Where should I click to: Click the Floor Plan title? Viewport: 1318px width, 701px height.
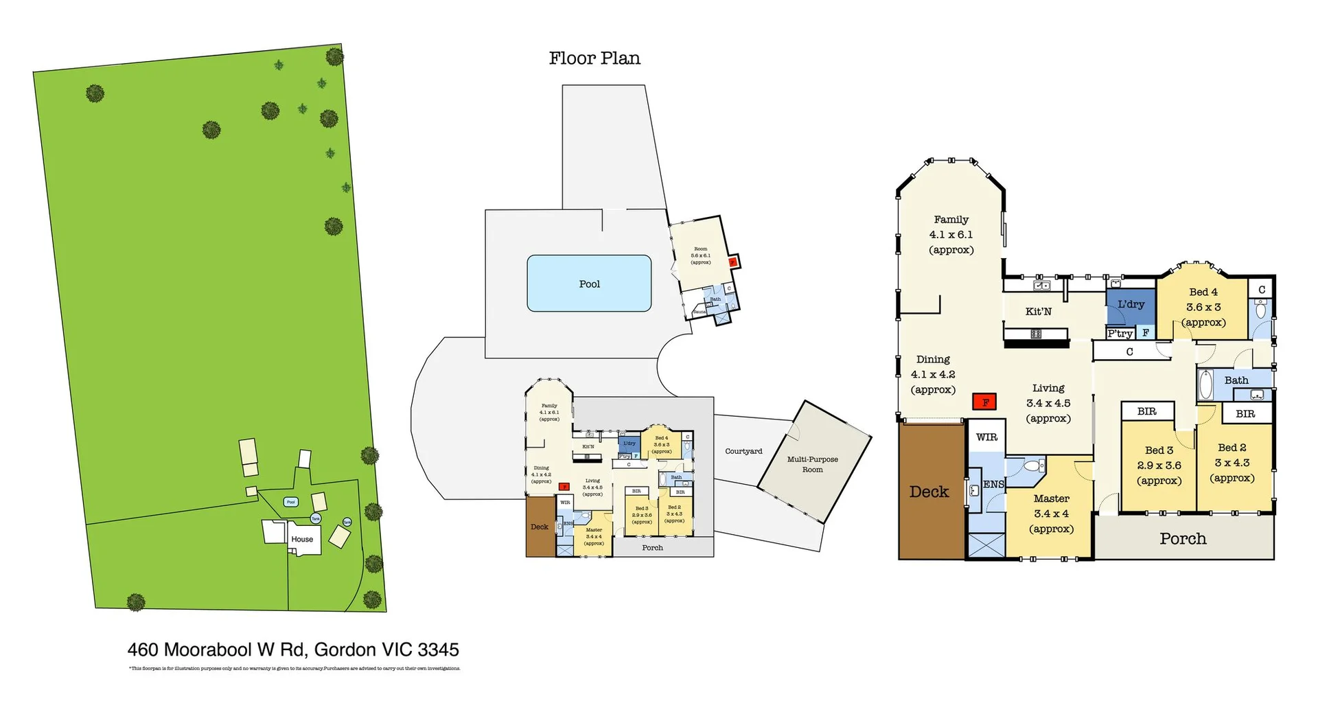[594, 58]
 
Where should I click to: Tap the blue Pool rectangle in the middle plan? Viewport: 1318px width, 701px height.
[589, 284]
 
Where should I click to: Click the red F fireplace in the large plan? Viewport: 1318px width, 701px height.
[984, 402]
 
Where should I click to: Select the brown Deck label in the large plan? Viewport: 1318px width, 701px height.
[929, 492]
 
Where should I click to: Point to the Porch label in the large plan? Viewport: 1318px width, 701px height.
[1183, 538]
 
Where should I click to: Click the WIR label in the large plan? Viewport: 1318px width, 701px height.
[986, 437]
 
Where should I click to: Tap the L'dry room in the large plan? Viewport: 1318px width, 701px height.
[1131, 304]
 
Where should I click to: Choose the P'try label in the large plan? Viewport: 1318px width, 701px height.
[1120, 334]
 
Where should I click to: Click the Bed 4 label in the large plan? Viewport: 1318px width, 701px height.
[1203, 292]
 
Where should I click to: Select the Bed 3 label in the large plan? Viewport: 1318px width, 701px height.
[1159, 450]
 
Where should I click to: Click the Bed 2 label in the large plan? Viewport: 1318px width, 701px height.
[1232, 448]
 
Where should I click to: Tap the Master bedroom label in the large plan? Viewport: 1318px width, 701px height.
[1051, 498]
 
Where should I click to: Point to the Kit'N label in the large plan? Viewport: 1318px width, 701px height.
[1038, 312]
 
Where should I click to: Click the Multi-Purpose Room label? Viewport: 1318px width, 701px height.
[812, 464]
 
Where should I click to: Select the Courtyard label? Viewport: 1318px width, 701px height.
[743, 451]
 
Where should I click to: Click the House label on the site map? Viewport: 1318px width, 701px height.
[302, 539]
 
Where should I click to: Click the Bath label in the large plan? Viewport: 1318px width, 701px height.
[1236, 380]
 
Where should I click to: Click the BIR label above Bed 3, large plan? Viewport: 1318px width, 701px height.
[1146, 411]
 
